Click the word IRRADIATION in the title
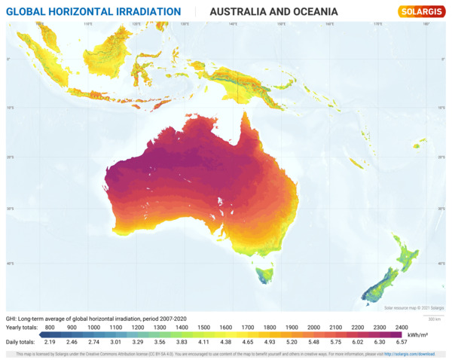[142, 12]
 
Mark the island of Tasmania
[263, 275]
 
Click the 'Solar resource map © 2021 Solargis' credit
[414, 308]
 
